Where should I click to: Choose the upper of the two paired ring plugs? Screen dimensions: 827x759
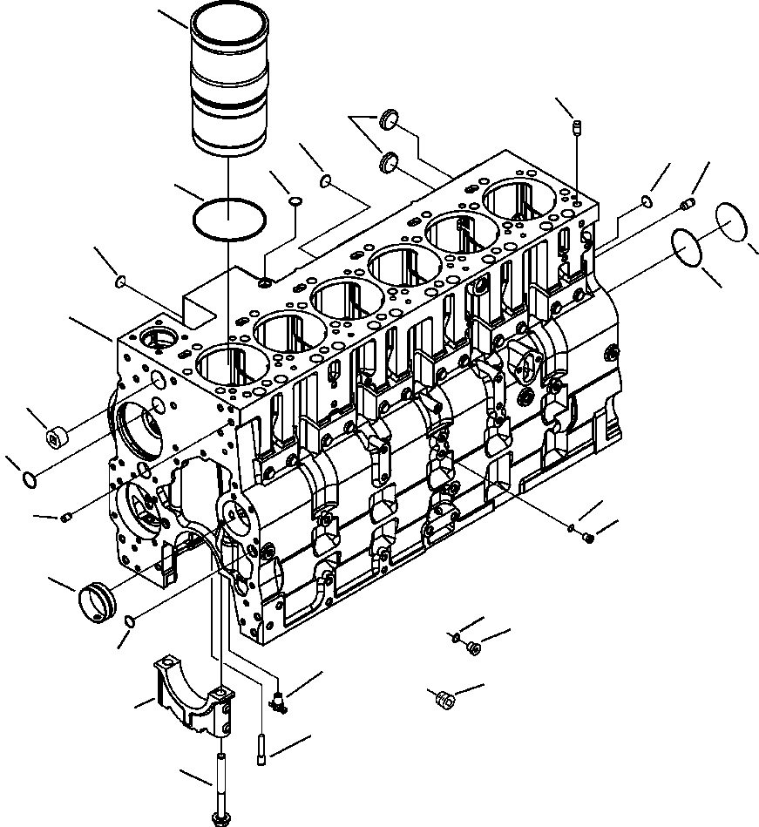pyautogui.click(x=390, y=119)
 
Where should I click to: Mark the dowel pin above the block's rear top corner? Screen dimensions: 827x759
pyautogui.click(x=576, y=130)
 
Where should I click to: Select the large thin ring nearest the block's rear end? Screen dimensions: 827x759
pyautogui.click(x=691, y=248)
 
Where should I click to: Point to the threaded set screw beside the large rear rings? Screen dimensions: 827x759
pyautogui.click(x=686, y=205)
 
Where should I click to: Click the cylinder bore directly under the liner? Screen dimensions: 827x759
pyautogui.click(x=228, y=365)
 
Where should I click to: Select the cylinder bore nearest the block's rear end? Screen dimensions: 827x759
pyautogui.click(x=520, y=201)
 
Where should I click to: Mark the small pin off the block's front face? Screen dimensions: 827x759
pyautogui.click(x=66, y=519)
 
